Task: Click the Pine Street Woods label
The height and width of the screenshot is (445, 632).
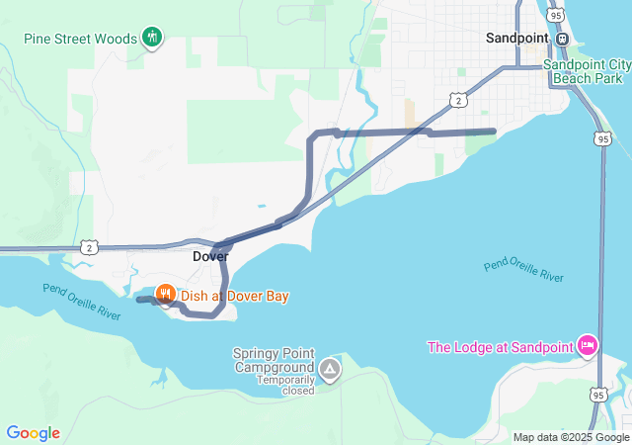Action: pyautogui.click(x=80, y=40)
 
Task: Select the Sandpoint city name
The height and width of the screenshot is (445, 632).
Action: pyautogui.click(x=518, y=39)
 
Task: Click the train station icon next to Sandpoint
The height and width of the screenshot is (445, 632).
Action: pyautogui.click(x=562, y=39)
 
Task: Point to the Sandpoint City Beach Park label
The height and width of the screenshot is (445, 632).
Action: pyautogui.click(x=587, y=69)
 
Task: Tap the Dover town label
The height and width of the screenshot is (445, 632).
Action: pyautogui.click(x=210, y=256)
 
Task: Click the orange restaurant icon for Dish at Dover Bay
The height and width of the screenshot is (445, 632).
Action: pyautogui.click(x=165, y=294)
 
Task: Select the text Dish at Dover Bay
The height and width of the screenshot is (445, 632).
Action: pyautogui.click(x=234, y=296)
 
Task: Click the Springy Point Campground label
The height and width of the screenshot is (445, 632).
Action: pyautogui.click(x=274, y=360)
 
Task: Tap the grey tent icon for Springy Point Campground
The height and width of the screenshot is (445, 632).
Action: pyautogui.click(x=330, y=371)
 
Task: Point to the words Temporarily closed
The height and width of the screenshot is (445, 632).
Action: pyautogui.click(x=286, y=385)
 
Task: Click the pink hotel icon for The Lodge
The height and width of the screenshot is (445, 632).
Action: pyautogui.click(x=588, y=345)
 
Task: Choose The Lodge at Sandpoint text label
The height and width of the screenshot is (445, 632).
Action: pyautogui.click(x=500, y=346)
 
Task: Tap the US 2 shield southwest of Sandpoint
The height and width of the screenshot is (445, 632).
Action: pyautogui.click(x=456, y=100)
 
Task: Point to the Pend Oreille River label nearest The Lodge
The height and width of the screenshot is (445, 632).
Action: pyautogui.click(x=523, y=272)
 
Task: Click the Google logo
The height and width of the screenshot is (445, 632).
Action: pyautogui.click(x=33, y=433)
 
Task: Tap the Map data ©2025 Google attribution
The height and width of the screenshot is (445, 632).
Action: pyautogui.click(x=570, y=437)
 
